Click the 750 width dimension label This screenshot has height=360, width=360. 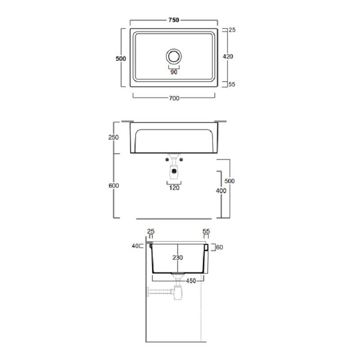point(174,20)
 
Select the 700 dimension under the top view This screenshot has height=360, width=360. point(174,98)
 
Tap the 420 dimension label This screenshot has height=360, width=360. point(228,56)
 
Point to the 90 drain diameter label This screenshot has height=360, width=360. point(174,72)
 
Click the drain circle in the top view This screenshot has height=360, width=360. point(174,56)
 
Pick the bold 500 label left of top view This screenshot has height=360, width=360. point(121,58)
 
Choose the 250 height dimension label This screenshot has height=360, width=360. point(113,137)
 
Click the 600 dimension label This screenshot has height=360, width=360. point(114,185)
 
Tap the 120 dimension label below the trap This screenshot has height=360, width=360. point(174,188)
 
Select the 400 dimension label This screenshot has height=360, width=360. point(221,190)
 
